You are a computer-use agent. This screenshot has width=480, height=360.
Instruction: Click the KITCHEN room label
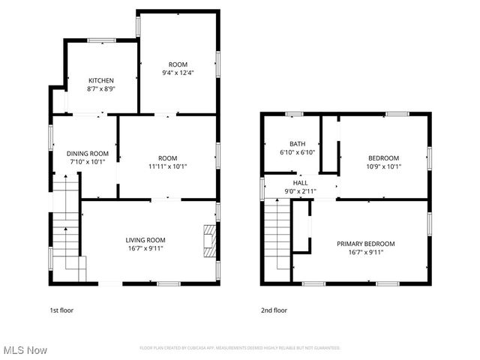[101, 80]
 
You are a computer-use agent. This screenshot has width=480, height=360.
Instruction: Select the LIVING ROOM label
[145, 240]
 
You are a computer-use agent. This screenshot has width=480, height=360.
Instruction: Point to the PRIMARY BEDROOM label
[365, 244]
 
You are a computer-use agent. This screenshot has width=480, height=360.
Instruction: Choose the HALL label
[300, 182]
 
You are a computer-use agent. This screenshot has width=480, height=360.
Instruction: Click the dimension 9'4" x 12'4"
[178, 73]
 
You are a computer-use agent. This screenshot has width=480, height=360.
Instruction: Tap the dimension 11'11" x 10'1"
[167, 166]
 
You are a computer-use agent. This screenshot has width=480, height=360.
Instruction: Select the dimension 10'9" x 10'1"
[383, 166]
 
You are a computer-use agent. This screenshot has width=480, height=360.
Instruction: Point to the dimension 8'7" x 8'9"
[101, 88]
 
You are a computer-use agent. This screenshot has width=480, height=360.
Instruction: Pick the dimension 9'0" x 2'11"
[300, 190]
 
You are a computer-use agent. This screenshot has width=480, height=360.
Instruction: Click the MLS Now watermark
[25, 350]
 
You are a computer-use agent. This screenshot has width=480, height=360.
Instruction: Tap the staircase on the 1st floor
[66, 225]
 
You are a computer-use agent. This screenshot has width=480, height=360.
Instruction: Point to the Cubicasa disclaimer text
[240, 348]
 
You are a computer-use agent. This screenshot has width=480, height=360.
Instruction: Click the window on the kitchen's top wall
[100, 40]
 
